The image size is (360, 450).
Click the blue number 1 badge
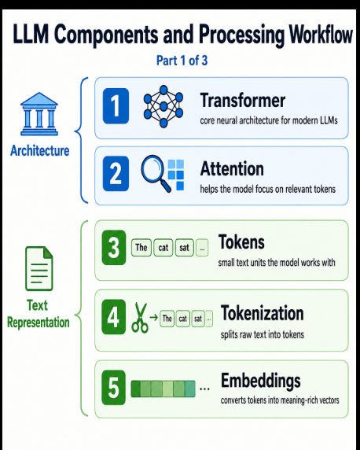pos(116,106)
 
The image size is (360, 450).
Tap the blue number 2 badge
pos(116,174)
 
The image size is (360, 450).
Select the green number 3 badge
pos(114,247)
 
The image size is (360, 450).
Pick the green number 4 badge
pos(114,317)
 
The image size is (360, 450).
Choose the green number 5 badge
pos(114,387)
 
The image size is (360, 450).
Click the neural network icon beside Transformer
pos(163,106)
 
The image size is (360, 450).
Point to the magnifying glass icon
pos(156,173)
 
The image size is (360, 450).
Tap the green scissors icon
pos(140,318)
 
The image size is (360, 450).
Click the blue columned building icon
pos(39,114)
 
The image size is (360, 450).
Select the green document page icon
pos(39,268)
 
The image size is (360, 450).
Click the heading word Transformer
pos(243,100)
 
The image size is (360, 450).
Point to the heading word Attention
pos(232,168)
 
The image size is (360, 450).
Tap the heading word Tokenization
pos(263,313)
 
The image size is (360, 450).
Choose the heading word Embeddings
pos(261,381)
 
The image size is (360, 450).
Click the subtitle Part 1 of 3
pos(182,61)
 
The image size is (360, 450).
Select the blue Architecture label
pos(40,151)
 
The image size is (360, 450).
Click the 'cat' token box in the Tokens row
pos(163,247)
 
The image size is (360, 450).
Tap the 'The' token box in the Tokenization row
pos(167,319)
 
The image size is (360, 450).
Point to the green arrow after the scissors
pos(154,317)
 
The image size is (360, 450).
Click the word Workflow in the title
pos(321,35)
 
